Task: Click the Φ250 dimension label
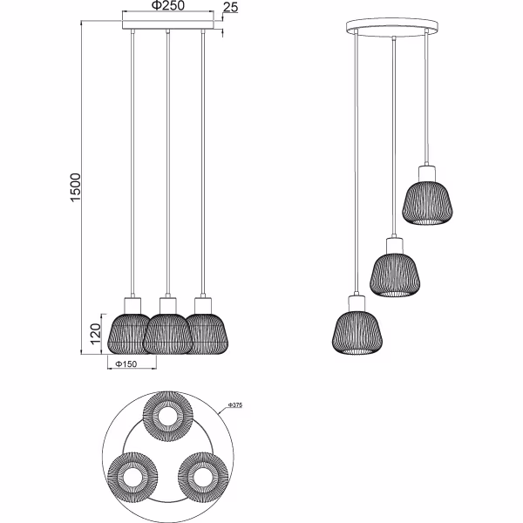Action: tap(167, 6)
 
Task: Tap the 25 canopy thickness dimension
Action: tap(231, 8)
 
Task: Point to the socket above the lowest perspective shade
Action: tap(357, 302)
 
